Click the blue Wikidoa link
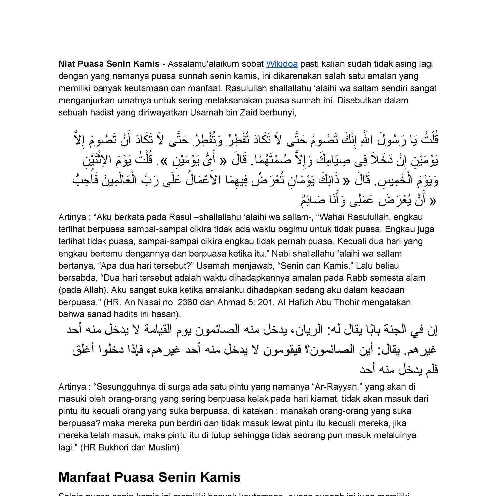click(x=282, y=64)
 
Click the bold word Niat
click(x=67, y=64)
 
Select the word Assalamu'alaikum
click(x=208, y=64)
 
